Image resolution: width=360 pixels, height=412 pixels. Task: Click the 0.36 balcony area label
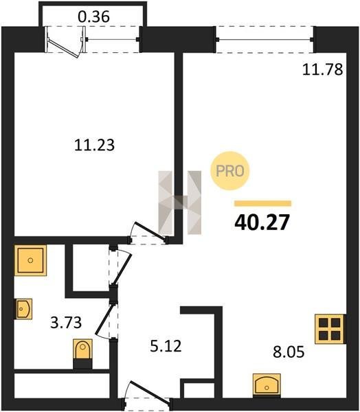pyautogui.click(x=93, y=16)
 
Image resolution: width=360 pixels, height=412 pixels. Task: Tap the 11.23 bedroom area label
pyautogui.click(x=94, y=145)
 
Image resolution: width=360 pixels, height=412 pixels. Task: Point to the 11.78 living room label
pyautogui.click(x=322, y=69)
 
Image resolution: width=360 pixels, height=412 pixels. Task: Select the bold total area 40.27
pyautogui.click(x=262, y=222)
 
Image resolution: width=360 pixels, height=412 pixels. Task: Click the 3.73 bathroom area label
pyautogui.click(x=66, y=323)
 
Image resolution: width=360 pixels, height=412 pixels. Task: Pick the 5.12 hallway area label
pyautogui.click(x=166, y=346)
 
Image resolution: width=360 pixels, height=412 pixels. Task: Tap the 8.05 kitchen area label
pyautogui.click(x=289, y=352)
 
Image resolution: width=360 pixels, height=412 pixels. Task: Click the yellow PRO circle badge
pyautogui.click(x=229, y=171)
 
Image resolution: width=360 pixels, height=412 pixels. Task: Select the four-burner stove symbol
pyautogui.click(x=330, y=329)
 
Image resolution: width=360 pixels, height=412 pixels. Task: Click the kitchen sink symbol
pyautogui.click(x=267, y=385)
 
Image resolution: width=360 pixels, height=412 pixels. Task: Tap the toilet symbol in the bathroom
pyautogui.click(x=82, y=354)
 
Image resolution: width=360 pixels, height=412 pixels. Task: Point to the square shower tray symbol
pyautogui.click(x=30, y=260)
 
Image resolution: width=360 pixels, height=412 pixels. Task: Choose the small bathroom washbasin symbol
pyautogui.click(x=23, y=309)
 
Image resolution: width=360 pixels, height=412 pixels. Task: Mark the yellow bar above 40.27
pyautogui.click(x=263, y=203)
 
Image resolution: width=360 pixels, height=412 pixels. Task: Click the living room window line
pyautogui.click(x=265, y=40)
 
